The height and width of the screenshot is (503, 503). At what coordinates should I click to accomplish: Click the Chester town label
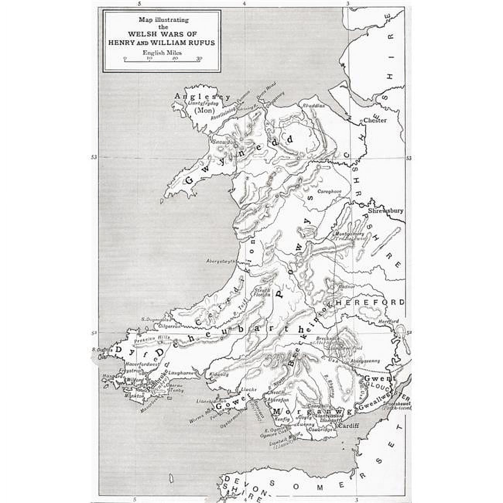pos(375,120)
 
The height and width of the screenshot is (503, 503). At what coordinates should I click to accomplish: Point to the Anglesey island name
pos(202,97)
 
